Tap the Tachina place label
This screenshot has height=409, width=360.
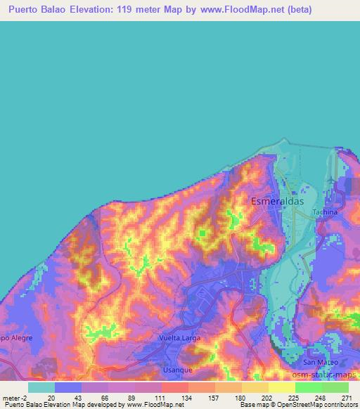pyautogui.click(x=325, y=212)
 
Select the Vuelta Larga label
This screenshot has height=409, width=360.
pyautogui.click(x=179, y=338)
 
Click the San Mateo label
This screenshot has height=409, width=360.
pyautogui.click(x=320, y=362)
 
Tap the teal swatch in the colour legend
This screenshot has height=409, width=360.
pyautogui.click(x=41, y=387)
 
